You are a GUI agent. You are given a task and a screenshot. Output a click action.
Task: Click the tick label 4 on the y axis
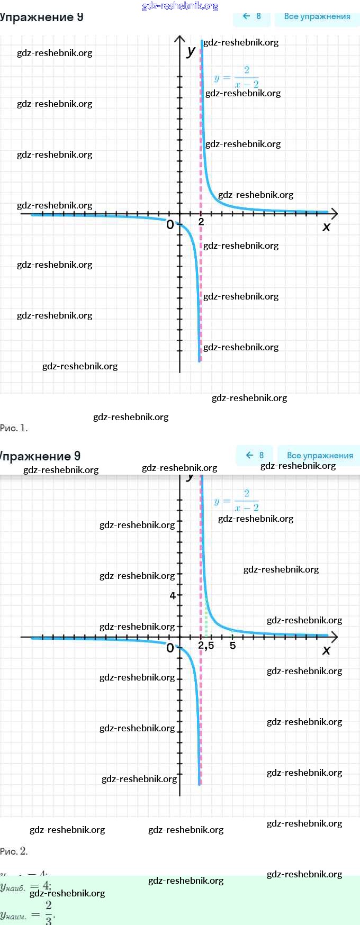173,595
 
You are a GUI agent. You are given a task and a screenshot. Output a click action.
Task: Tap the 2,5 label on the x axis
206,646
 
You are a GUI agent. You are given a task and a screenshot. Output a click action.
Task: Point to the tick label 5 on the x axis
232,646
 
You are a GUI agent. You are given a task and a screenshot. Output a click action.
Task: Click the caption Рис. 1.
14,428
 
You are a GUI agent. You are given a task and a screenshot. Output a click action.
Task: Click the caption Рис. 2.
14,851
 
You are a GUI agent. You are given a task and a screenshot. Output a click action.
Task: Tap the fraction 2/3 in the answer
49,912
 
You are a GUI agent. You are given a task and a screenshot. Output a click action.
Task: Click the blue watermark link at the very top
180,6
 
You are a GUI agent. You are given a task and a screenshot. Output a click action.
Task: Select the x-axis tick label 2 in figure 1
201,222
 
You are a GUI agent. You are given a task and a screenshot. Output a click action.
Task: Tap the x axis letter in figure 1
326,226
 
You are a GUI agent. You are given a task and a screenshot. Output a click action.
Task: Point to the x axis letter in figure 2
326,650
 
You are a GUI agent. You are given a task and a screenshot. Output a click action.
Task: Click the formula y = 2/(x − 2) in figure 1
237,77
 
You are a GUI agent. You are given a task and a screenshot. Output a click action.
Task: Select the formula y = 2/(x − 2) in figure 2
237,501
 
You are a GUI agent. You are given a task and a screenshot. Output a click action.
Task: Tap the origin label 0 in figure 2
170,648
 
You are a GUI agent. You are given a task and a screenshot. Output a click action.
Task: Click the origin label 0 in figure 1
170,224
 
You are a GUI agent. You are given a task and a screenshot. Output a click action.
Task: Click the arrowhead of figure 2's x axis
334,637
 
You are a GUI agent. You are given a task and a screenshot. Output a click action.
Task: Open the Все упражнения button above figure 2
319,455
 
